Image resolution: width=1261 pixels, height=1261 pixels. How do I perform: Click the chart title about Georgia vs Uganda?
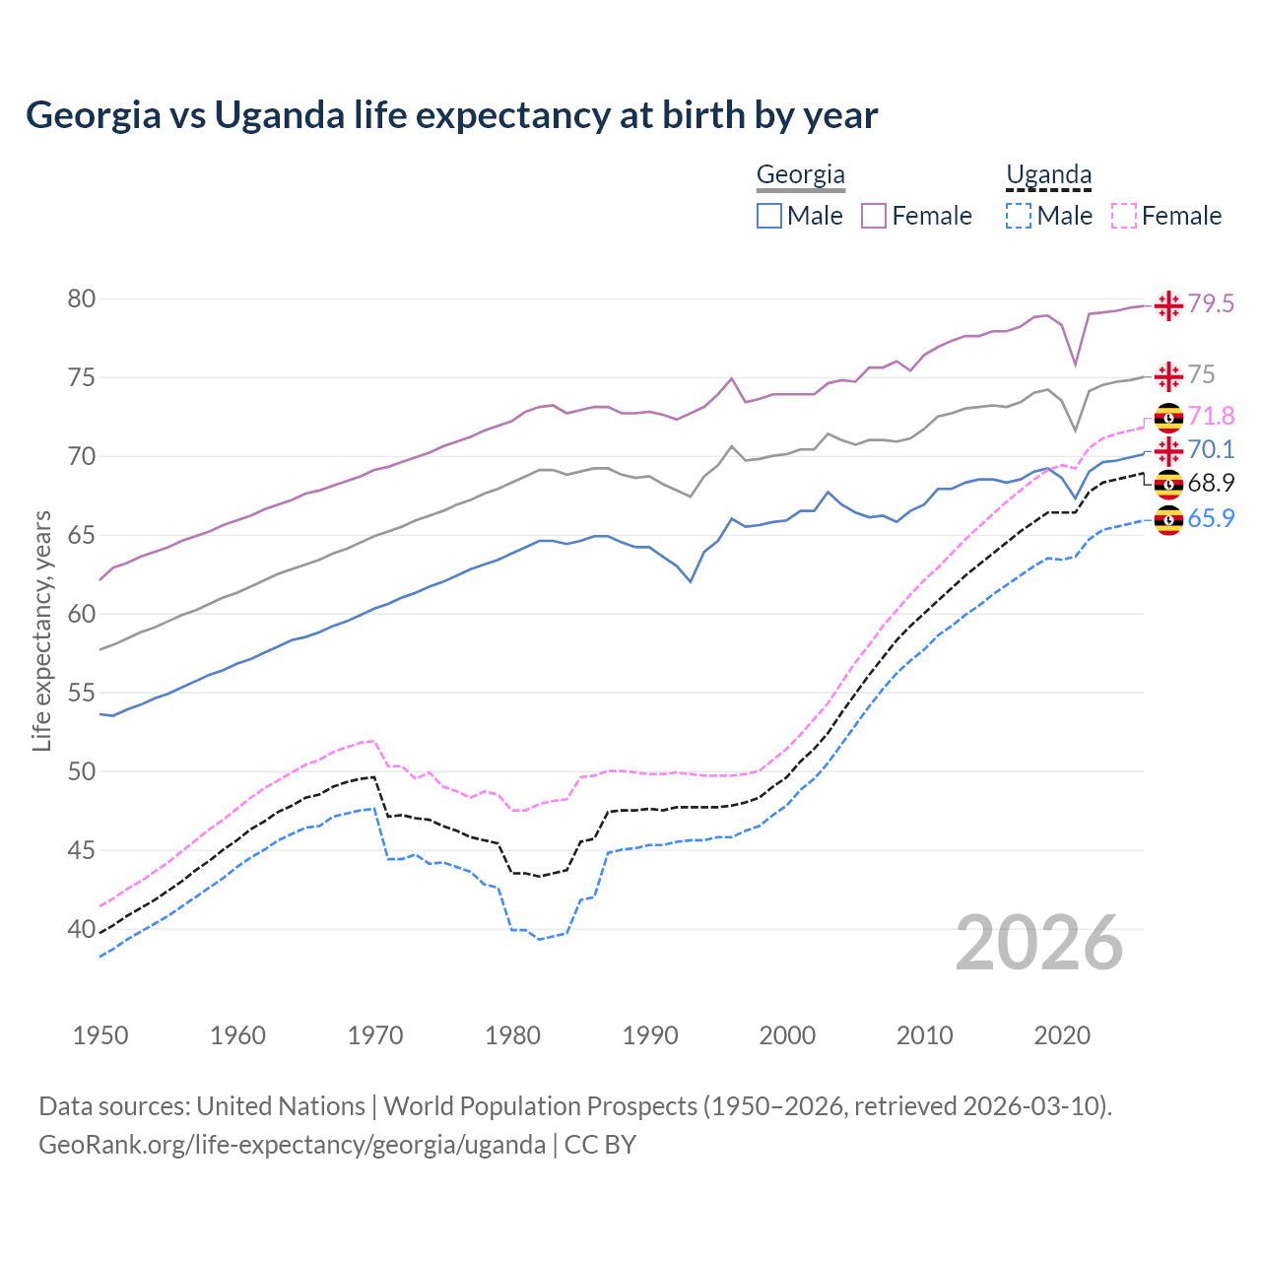451,115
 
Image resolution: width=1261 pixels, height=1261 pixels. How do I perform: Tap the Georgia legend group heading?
800,175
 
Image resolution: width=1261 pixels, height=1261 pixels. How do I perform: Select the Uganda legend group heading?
1048,175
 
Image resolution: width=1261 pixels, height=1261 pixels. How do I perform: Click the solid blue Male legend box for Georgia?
769,216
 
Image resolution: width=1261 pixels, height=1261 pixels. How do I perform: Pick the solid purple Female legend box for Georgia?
874,216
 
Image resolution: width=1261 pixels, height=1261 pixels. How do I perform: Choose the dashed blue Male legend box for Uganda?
1019,216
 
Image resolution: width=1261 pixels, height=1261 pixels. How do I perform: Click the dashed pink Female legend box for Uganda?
1124,216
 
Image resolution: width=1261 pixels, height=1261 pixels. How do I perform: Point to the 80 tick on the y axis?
82,299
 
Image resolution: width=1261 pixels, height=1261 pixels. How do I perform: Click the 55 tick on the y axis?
82,693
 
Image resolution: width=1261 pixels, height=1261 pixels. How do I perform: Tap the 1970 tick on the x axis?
375,1035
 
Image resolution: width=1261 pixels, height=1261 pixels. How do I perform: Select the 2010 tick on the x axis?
924,1035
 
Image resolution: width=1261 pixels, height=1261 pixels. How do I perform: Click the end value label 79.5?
1211,304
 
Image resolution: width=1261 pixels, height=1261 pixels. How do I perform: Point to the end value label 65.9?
1211,518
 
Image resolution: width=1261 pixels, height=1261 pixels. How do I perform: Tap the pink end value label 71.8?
1211,416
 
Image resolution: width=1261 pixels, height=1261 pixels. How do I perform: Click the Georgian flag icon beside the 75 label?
1168,376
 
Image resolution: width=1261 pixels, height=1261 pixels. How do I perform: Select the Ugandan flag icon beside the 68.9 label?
1168,484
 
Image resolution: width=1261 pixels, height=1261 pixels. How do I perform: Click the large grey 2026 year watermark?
1039,944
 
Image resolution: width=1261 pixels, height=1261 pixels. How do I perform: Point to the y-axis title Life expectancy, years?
41,630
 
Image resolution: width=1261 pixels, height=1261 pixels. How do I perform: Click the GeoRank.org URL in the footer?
292,1145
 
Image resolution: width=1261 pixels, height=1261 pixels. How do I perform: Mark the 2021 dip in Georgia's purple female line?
1076,365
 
